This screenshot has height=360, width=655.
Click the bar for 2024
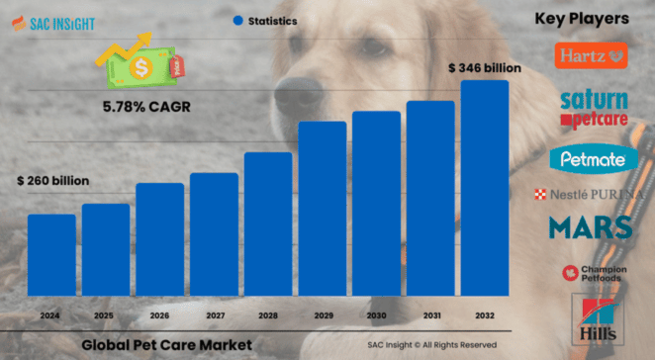(50, 255)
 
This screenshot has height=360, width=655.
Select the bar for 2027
(214, 234)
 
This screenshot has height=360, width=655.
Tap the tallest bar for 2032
(485, 188)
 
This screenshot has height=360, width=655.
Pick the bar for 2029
(323, 209)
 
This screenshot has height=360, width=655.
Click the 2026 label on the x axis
(159, 315)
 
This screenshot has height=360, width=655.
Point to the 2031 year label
(430, 315)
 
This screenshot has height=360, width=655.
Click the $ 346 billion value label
(483, 67)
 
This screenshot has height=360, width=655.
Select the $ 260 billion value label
(52, 181)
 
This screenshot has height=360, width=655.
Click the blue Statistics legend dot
(237, 20)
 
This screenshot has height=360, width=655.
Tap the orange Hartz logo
(592, 56)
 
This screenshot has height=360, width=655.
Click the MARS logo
(591, 227)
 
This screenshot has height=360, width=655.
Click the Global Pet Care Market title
(166, 344)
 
